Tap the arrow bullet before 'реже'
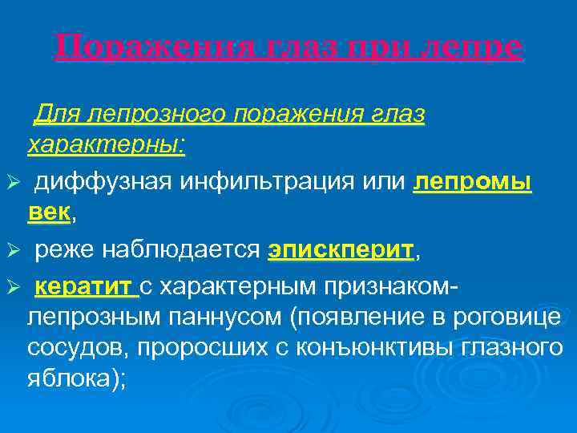pos(10,252)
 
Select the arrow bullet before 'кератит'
pos(10,288)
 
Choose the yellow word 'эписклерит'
pos(341,251)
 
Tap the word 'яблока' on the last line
pos(71,379)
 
